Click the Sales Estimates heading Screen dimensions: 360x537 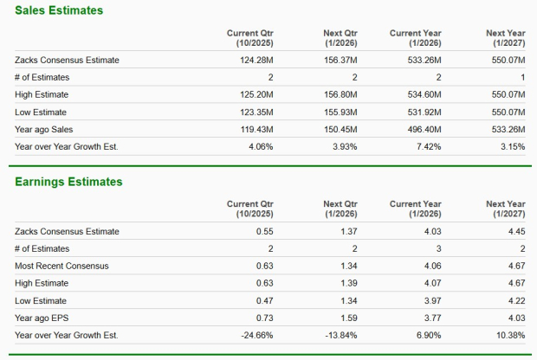(58, 10)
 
